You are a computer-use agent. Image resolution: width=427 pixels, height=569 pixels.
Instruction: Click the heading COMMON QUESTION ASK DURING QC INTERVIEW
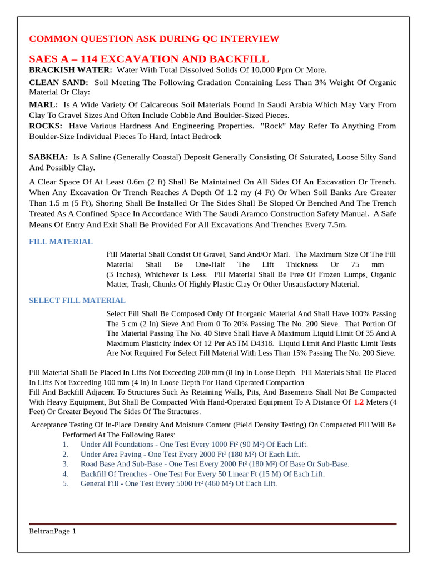click(154, 39)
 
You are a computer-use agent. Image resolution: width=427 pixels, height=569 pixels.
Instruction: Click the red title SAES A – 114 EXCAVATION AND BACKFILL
click(149, 59)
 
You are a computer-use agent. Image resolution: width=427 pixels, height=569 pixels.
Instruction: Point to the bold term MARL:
click(43, 104)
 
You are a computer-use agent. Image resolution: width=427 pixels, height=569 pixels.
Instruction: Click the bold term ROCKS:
click(46, 126)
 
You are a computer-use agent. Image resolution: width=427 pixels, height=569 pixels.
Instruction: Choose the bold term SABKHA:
click(48, 157)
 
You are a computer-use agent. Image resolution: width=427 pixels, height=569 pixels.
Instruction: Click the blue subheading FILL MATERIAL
click(61, 242)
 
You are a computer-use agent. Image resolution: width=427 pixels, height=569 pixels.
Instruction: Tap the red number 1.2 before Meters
click(360, 402)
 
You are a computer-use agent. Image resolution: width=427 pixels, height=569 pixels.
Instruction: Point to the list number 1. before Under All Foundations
click(65, 445)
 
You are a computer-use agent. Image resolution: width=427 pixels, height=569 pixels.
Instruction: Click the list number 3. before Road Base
click(65, 464)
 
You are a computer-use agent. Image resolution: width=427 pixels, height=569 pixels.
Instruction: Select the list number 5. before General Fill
click(65, 483)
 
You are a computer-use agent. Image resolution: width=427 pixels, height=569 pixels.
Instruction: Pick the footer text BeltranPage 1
click(52, 531)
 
